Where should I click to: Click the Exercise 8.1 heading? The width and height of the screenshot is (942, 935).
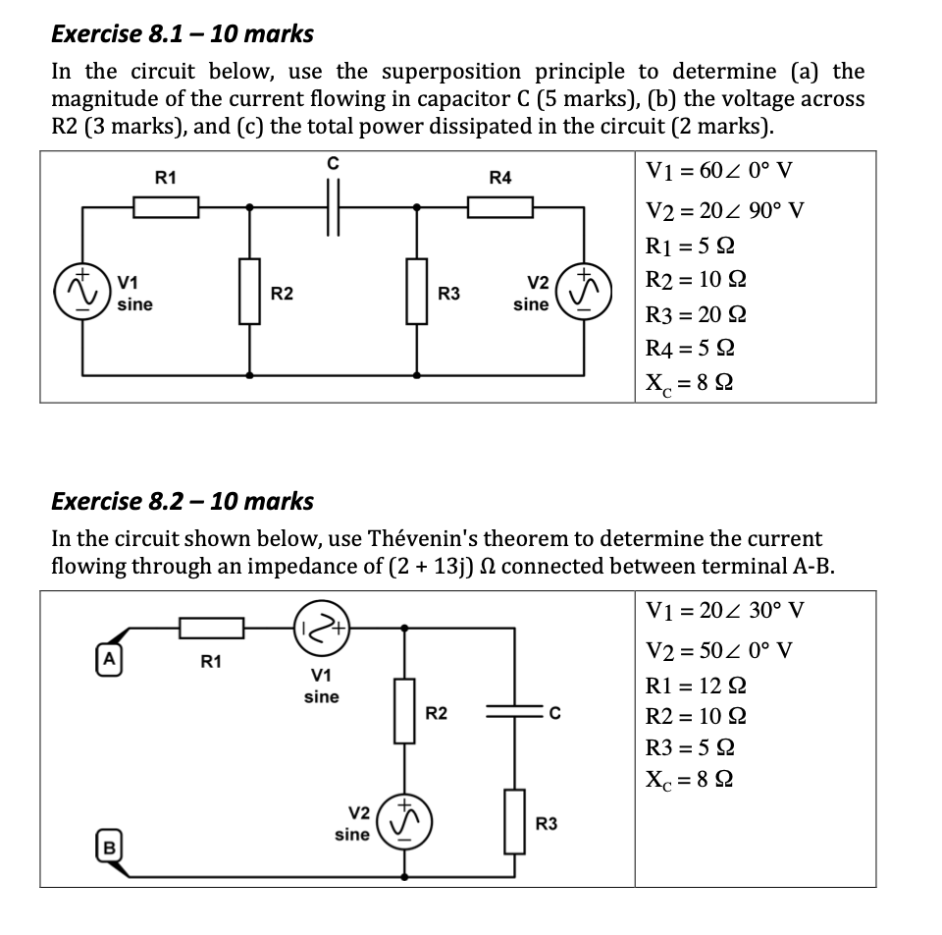(x=182, y=33)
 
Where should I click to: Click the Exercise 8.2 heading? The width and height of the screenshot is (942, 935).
(x=182, y=501)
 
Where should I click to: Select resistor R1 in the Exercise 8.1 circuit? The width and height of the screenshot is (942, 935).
(x=166, y=207)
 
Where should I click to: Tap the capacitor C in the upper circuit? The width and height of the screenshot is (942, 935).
(x=334, y=207)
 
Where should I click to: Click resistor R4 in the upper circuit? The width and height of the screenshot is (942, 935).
(x=499, y=207)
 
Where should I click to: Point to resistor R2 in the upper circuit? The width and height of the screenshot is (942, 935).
(x=249, y=291)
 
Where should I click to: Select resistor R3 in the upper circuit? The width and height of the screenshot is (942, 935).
(x=417, y=291)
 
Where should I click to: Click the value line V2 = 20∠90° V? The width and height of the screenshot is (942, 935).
(x=724, y=210)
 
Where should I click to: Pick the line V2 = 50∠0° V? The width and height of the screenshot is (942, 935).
(x=719, y=650)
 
